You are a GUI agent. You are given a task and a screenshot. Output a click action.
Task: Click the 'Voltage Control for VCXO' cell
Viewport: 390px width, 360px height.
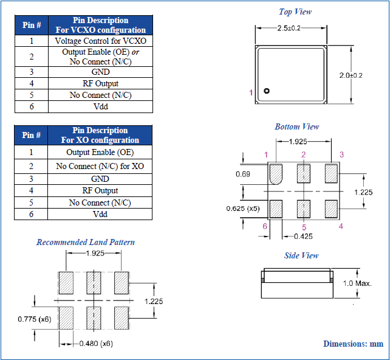pos(100,41)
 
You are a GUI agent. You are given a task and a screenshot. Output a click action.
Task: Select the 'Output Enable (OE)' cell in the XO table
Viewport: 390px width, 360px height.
pos(100,152)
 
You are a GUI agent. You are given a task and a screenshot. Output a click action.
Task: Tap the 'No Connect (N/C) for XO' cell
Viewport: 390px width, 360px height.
pos(100,166)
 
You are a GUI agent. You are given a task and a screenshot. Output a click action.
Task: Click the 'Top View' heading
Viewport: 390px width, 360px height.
pos(295,12)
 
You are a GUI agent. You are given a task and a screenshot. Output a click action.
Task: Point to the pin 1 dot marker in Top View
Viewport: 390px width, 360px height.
pos(266,91)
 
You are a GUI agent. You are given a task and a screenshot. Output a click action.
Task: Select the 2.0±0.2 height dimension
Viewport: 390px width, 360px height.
pos(351,75)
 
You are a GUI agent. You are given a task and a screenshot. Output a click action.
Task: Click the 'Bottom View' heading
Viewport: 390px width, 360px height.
pos(296,126)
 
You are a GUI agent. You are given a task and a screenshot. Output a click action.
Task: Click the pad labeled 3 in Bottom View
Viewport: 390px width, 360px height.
pos(331,173)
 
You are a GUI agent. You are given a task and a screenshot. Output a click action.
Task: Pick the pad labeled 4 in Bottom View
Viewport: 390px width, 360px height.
pos(331,209)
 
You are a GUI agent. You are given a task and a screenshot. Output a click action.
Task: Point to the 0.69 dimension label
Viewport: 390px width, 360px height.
pos(243,175)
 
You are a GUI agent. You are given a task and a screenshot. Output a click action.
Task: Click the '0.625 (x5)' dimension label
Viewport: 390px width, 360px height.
pos(243,209)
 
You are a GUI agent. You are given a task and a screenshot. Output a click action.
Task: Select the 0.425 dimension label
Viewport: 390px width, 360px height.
pos(304,235)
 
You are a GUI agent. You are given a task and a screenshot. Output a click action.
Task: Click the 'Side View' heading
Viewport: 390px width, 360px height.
pos(301,255)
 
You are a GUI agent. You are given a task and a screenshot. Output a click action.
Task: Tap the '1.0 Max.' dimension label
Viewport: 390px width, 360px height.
pos(357,283)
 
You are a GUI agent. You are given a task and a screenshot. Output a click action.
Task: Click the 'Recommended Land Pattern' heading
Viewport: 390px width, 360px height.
pos(86,242)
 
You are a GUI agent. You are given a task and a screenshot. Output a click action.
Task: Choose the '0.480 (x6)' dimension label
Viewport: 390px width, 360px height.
pos(96,344)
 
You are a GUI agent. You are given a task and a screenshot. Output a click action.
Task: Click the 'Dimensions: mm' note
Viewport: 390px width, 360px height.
pos(353,344)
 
